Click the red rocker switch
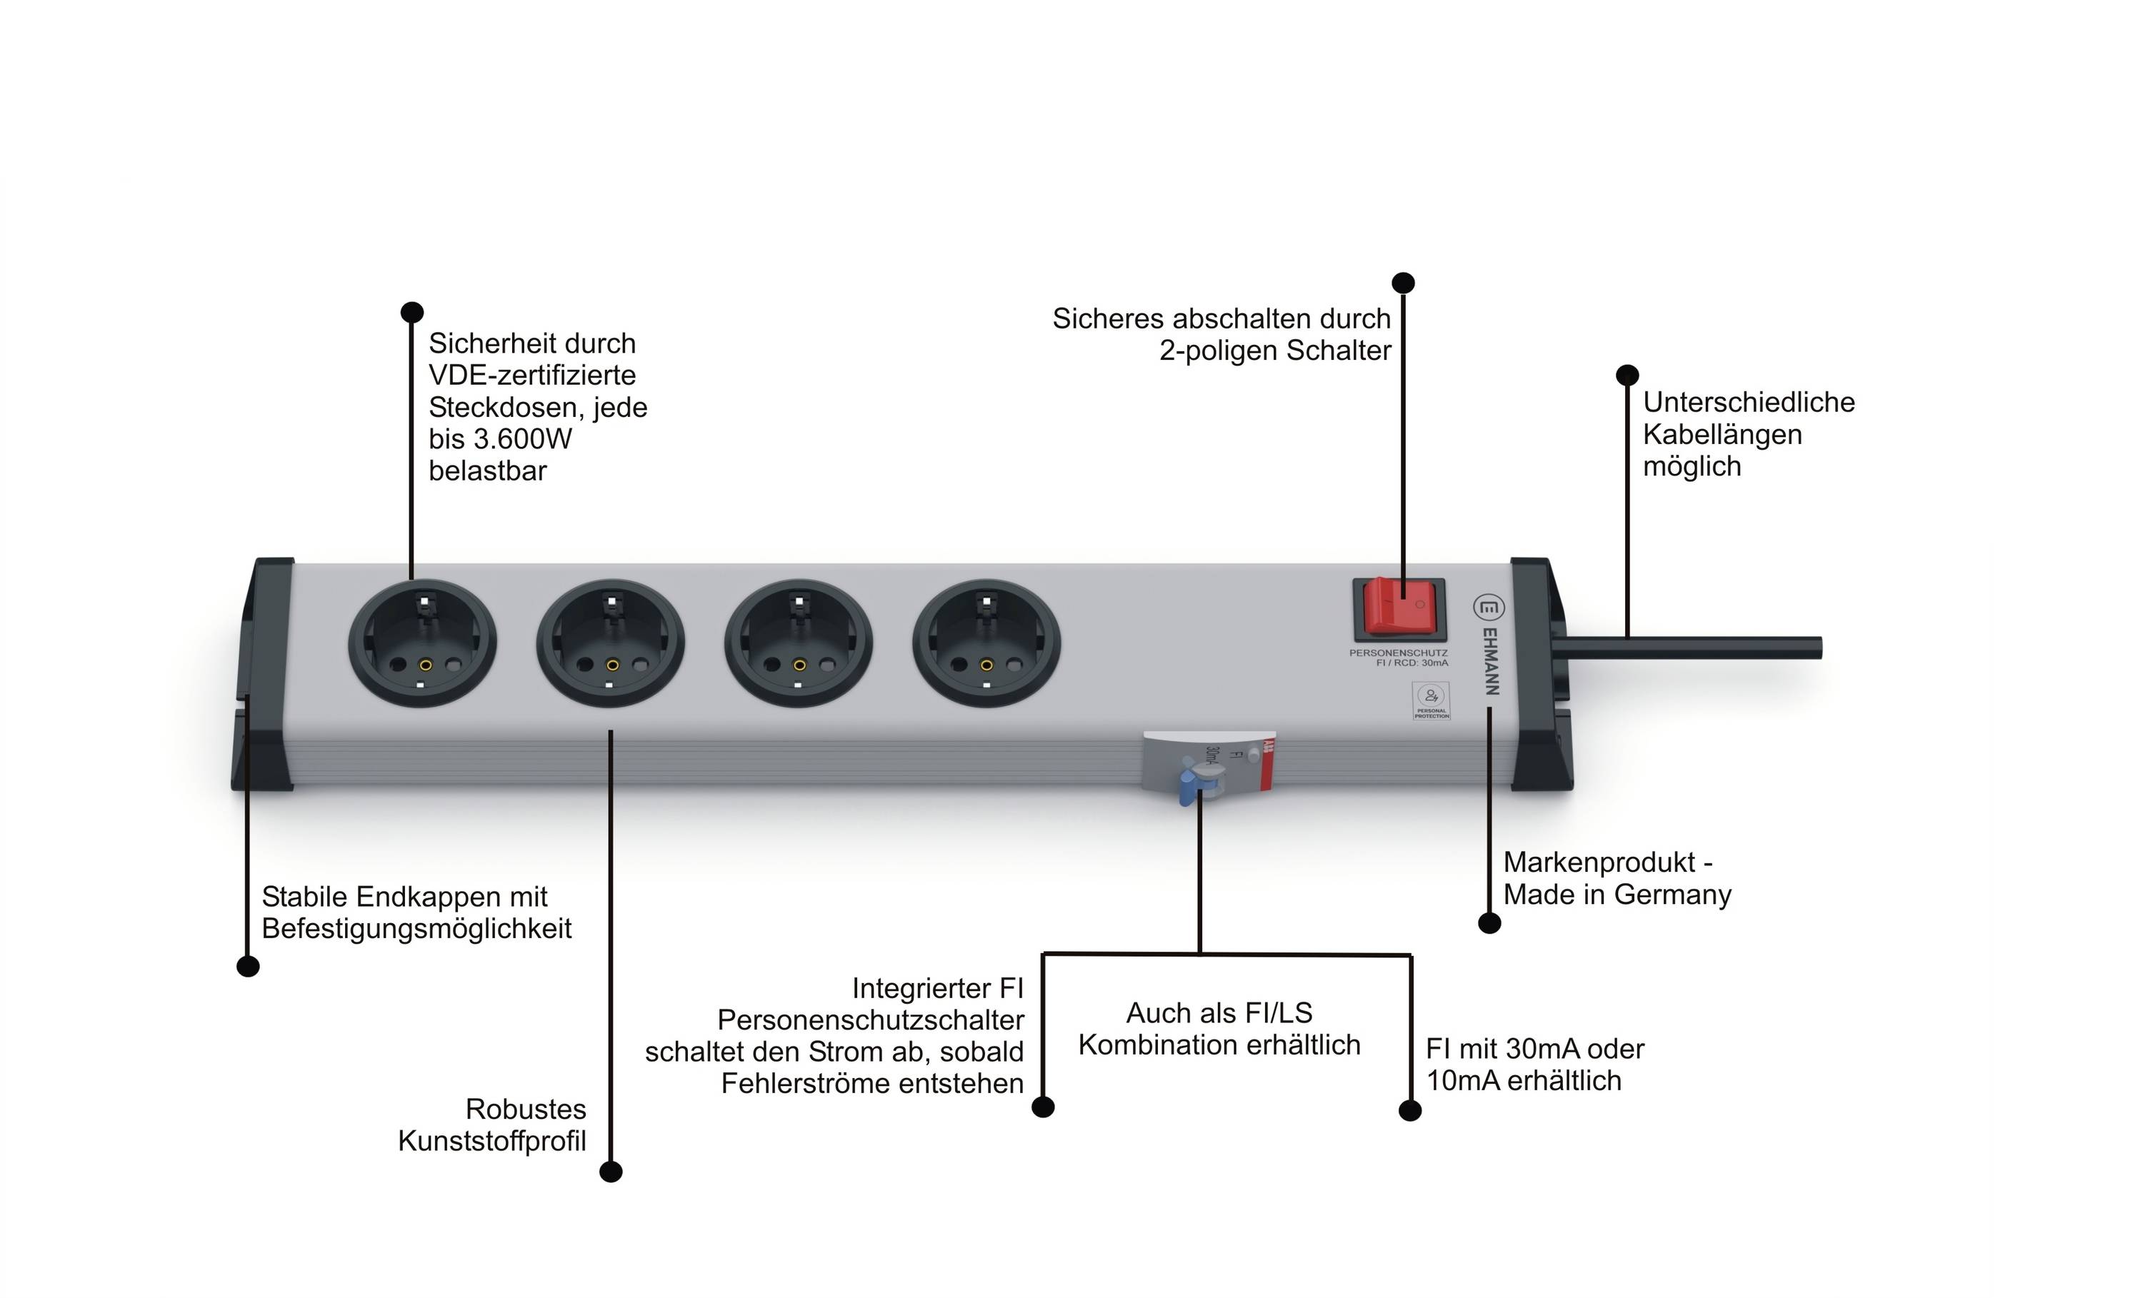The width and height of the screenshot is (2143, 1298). coord(1399,606)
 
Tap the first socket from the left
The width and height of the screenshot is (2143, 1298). coord(423,643)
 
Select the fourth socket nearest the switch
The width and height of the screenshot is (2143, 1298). coord(986,643)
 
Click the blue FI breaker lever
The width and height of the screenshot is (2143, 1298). coord(1189,788)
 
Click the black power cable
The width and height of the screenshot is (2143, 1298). coord(1696,648)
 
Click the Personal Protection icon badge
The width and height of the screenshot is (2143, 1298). coord(1431,700)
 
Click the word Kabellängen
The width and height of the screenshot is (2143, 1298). coord(1722,434)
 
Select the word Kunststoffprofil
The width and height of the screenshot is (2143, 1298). coord(492,1141)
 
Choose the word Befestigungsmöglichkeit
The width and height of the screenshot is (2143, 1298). coord(416,928)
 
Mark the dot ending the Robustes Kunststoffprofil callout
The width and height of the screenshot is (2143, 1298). coord(611,1172)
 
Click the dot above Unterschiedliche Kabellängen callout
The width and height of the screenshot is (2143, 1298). coord(1627,375)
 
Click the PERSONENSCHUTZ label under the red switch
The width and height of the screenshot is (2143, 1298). coord(1399,653)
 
